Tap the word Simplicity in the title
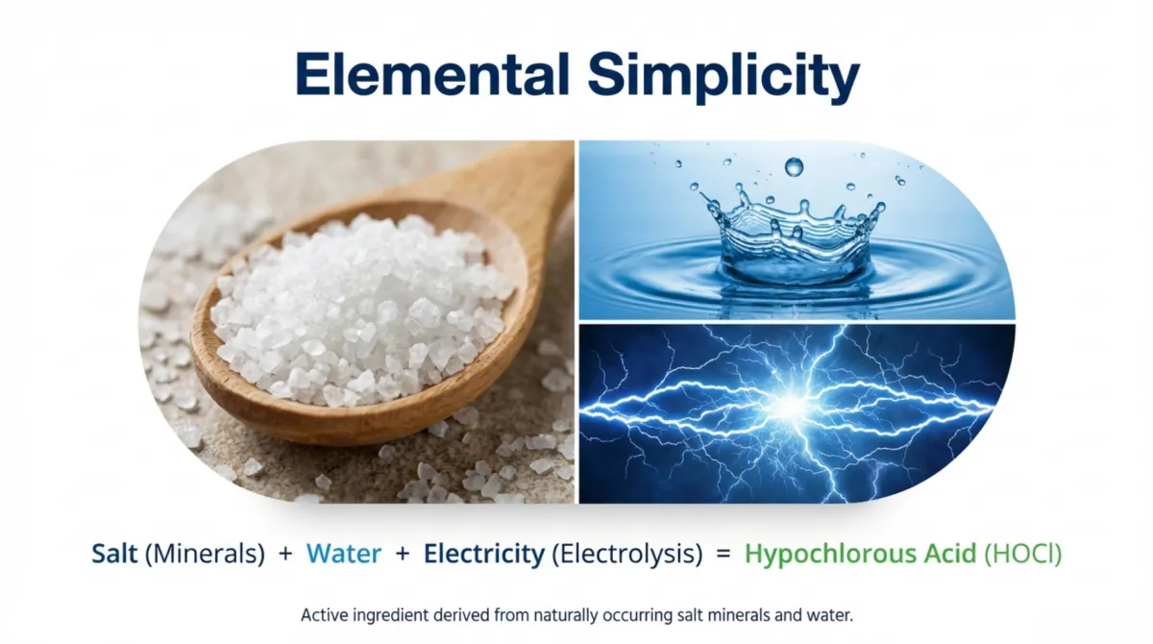[x=724, y=77]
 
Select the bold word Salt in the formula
[x=114, y=554]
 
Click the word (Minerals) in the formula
[x=205, y=555]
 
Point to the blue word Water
[x=344, y=554]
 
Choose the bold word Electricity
[x=484, y=555]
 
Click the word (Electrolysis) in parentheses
[x=626, y=555]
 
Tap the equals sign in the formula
[x=724, y=554]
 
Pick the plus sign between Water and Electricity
[x=403, y=554]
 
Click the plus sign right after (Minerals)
[x=285, y=554]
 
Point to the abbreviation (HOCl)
[x=1022, y=555]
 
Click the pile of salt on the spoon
[x=360, y=309]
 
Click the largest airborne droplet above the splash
[x=794, y=167]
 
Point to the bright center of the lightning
[x=795, y=405]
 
